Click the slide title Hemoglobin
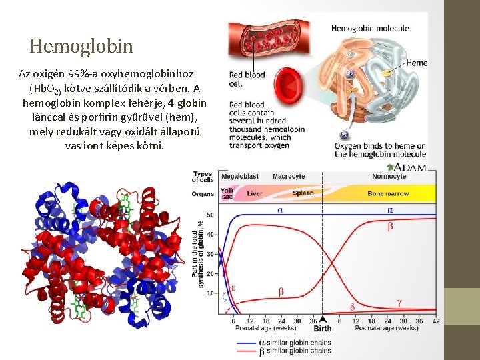[x=81, y=46]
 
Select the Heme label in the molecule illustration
[x=416, y=63]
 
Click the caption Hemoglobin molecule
[x=370, y=29]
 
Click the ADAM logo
[x=410, y=167]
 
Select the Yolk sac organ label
[x=227, y=193]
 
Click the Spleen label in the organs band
[x=303, y=193]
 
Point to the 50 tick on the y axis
[x=211, y=215]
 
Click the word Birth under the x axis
[x=323, y=328]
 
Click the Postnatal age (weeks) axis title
[x=387, y=328]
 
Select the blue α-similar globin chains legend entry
[x=293, y=343]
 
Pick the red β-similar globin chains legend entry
[x=293, y=351]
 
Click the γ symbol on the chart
[x=399, y=302]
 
